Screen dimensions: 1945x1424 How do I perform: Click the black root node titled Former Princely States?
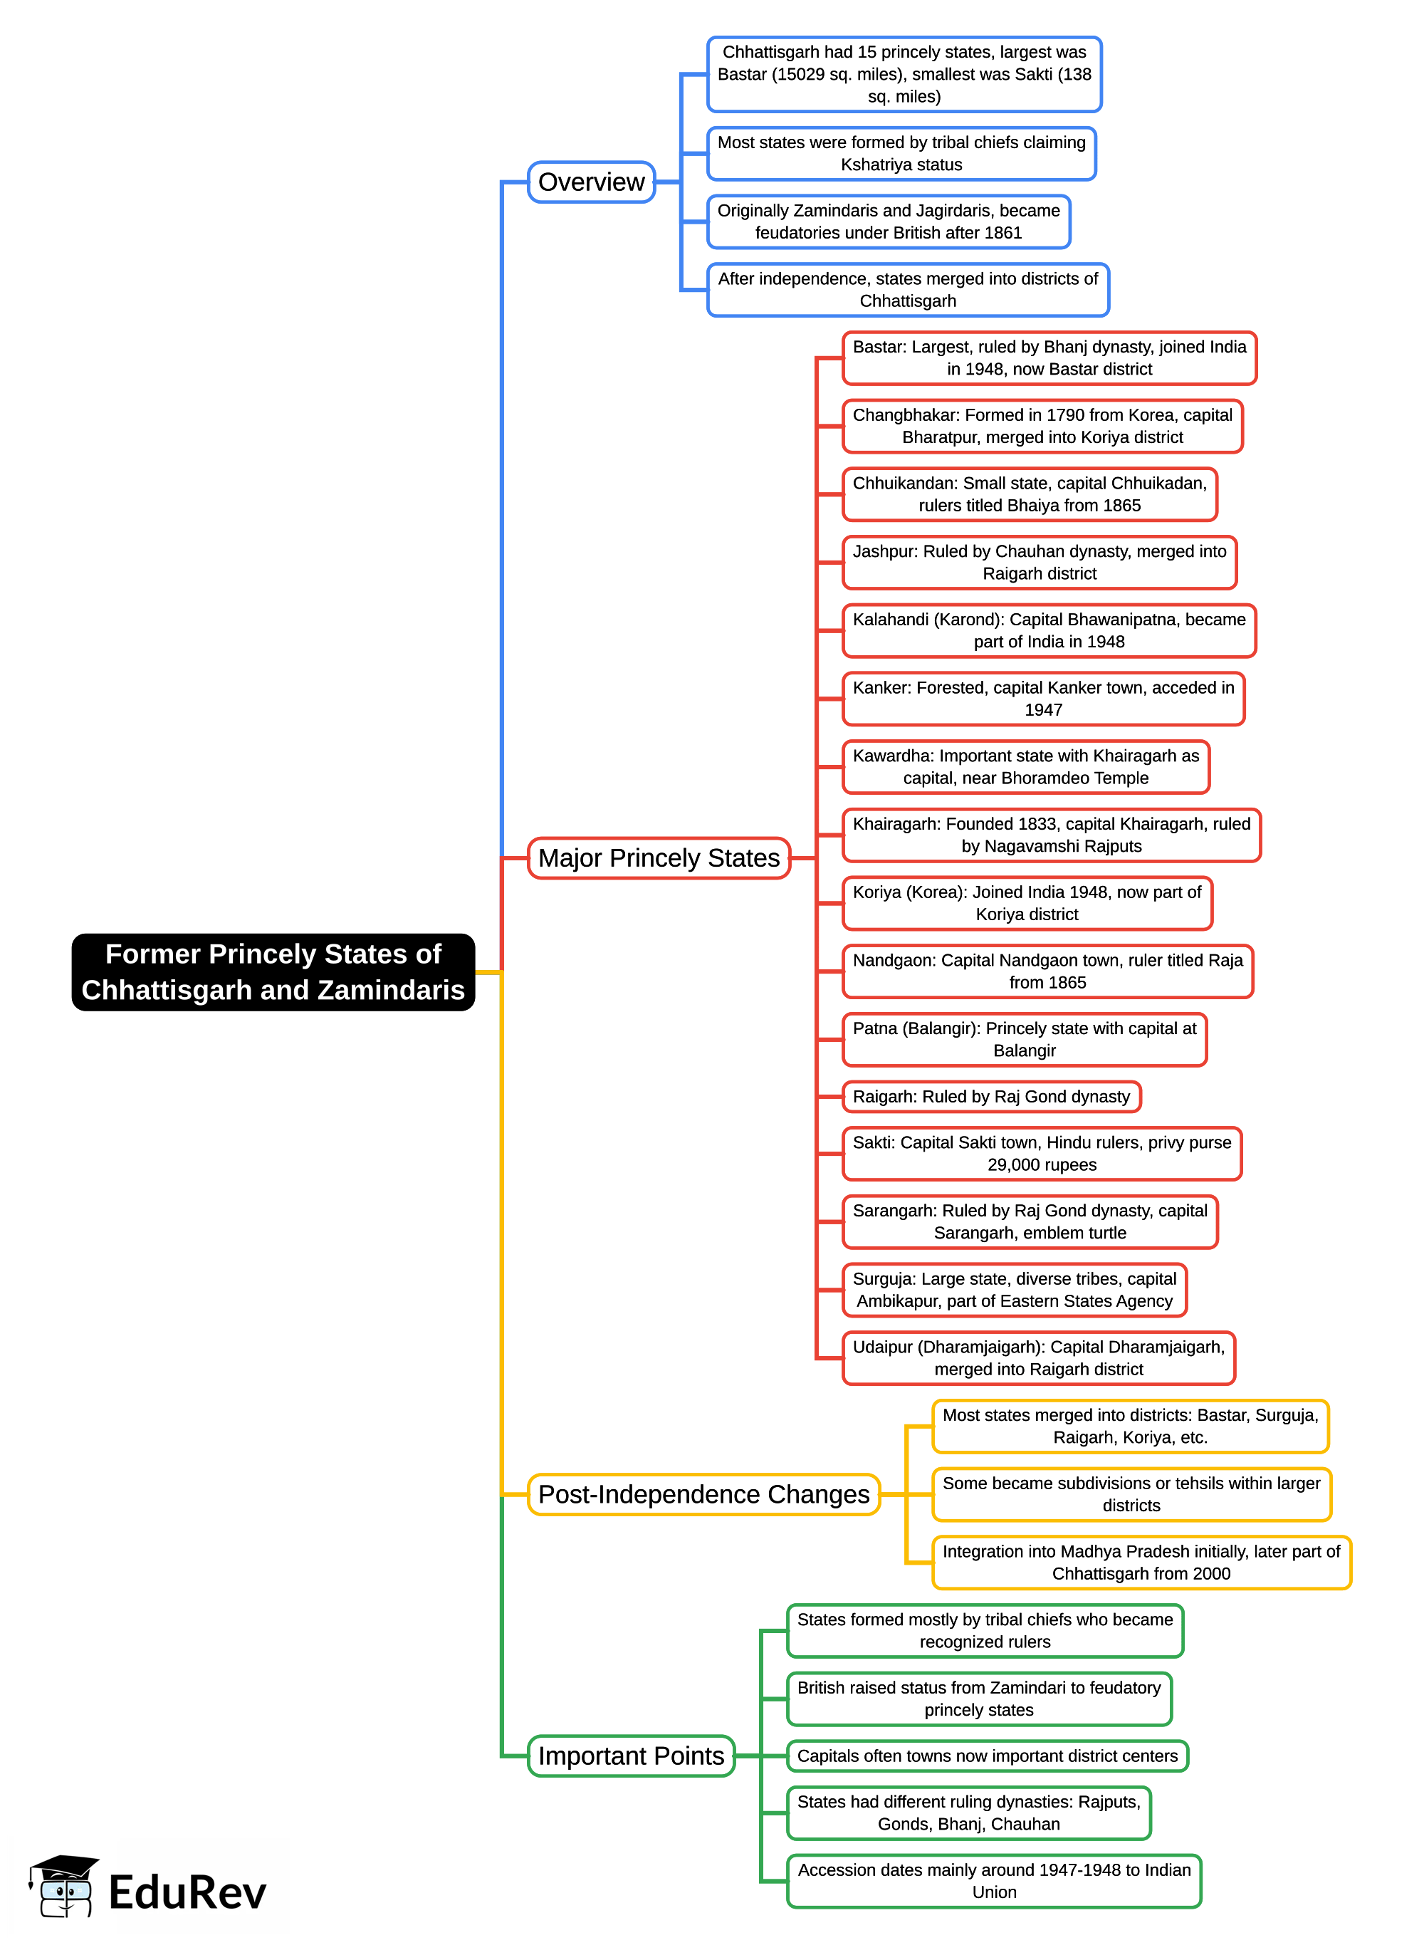pyautogui.click(x=273, y=971)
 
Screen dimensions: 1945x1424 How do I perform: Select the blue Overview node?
pyautogui.click(x=592, y=182)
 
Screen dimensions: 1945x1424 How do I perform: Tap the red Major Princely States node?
pyautogui.click(x=659, y=857)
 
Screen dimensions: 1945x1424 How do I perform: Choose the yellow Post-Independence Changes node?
pyautogui.click(x=703, y=1494)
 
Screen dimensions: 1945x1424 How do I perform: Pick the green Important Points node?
pyautogui.click(x=631, y=1756)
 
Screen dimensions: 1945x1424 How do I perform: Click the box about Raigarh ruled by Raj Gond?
pyautogui.click(x=991, y=1097)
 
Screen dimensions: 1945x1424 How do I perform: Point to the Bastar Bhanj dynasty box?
pyautogui.click(x=1049, y=358)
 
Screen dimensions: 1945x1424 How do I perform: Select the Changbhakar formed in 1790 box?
pyautogui.click(x=1042, y=426)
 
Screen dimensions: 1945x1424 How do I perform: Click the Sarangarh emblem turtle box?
pyautogui.click(x=1030, y=1221)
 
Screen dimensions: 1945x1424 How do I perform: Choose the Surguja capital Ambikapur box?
pyautogui.click(x=1014, y=1290)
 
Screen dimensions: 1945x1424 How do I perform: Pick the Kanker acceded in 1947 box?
pyautogui.click(x=1043, y=699)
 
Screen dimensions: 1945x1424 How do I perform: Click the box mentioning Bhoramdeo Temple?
pyautogui.click(x=1026, y=766)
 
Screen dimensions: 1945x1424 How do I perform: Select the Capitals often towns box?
pyautogui.click(x=987, y=1756)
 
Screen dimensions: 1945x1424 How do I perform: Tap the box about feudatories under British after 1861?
pyautogui.click(x=889, y=221)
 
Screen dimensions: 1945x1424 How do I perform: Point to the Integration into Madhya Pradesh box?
pyautogui.click(x=1141, y=1563)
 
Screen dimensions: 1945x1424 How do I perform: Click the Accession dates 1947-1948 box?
pyautogui.click(x=994, y=1880)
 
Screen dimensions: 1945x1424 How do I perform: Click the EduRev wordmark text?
pyautogui.click(x=187, y=1892)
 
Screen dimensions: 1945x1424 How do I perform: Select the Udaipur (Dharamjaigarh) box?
pyautogui.click(x=1039, y=1358)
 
